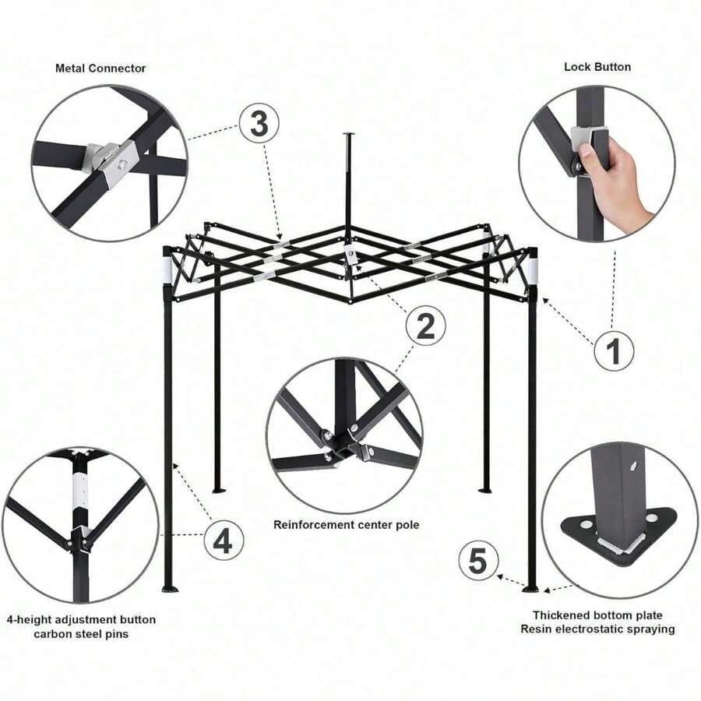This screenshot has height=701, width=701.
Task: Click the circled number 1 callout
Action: tap(614, 350)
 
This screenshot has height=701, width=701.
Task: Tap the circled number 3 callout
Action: tap(259, 123)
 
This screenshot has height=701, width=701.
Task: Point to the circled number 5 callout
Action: tap(478, 561)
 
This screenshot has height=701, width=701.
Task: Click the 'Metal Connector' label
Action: tap(100, 69)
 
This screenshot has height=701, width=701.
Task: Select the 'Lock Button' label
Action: tap(597, 67)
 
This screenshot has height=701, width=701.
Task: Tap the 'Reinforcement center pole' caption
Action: tap(346, 524)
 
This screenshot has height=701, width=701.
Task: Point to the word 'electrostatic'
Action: tap(594, 629)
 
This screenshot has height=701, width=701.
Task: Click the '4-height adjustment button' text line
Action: tap(81, 620)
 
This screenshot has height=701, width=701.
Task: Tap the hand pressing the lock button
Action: tap(612, 177)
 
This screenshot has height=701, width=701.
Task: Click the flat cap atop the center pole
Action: tap(349, 133)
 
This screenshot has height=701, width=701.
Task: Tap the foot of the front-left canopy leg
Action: tap(169, 589)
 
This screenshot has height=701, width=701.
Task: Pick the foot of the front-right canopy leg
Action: tap(531, 590)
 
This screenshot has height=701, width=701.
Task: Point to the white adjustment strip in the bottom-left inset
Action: tap(81, 491)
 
